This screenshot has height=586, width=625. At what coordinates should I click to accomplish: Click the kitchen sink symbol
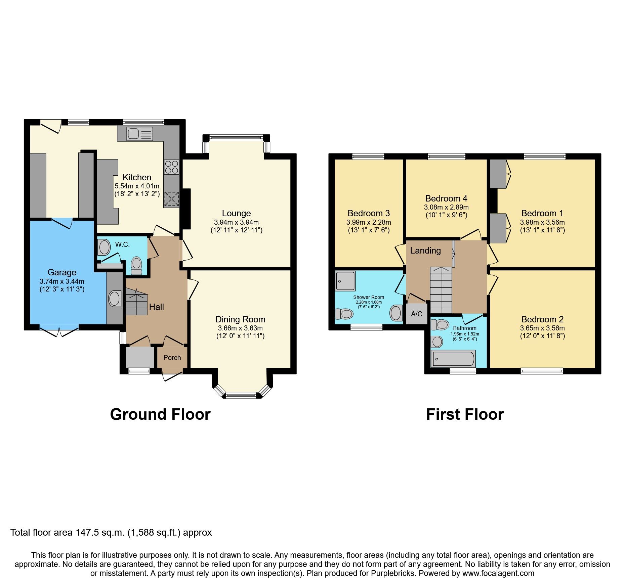pyautogui.click(x=139, y=134)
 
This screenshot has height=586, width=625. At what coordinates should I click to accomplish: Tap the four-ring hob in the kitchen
pyautogui.click(x=171, y=167)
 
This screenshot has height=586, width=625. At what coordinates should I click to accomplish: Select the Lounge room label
pyautogui.click(x=236, y=213)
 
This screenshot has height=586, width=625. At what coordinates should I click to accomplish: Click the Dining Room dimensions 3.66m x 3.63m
pyautogui.click(x=240, y=328)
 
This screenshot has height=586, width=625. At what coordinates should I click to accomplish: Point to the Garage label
pyautogui.click(x=62, y=272)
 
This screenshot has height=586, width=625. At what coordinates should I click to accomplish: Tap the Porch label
pyautogui.click(x=172, y=358)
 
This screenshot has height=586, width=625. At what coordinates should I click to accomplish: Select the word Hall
pyautogui.click(x=157, y=307)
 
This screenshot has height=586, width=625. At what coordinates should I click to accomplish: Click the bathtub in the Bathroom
pyautogui.click(x=453, y=359)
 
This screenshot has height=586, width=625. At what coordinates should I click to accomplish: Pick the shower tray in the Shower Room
pyautogui.click(x=345, y=281)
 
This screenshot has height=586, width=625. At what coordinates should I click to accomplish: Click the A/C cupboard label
pyautogui.click(x=416, y=314)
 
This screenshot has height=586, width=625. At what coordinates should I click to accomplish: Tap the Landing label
pyautogui.click(x=425, y=251)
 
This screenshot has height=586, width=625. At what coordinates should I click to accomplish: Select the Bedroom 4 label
pyautogui.click(x=446, y=198)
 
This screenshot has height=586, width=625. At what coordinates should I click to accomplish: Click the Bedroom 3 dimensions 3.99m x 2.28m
pyautogui.click(x=369, y=222)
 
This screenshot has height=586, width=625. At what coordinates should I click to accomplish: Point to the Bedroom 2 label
pyautogui.click(x=542, y=319)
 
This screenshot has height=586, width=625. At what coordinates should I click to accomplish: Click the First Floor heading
pyautogui.click(x=465, y=414)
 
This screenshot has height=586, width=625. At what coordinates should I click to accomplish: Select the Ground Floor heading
pyautogui.click(x=160, y=414)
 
